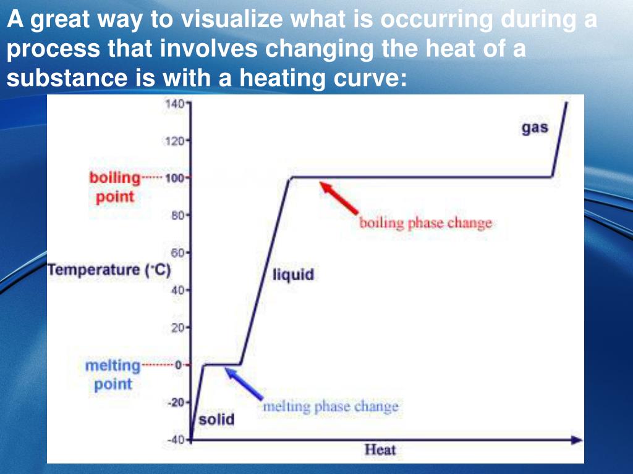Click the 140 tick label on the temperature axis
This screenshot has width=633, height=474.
click(174, 104)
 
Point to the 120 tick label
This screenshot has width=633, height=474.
click(174, 141)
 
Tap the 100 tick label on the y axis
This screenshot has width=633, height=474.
click(174, 178)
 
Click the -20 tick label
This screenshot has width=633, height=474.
click(176, 402)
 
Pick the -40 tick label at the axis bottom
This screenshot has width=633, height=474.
click(176, 439)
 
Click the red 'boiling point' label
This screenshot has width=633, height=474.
click(114, 188)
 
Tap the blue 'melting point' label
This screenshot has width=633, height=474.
click(113, 375)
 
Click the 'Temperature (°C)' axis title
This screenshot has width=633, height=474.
click(109, 270)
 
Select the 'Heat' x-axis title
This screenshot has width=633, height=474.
click(380, 450)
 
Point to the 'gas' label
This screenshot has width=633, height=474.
click(535, 128)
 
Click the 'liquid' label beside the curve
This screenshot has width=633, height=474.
click(293, 275)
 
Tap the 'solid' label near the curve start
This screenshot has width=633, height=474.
click(216, 419)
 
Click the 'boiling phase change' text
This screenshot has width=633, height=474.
click(425, 223)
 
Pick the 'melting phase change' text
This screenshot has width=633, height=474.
click(331, 406)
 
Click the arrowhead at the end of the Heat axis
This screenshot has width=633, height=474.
click(577, 440)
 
